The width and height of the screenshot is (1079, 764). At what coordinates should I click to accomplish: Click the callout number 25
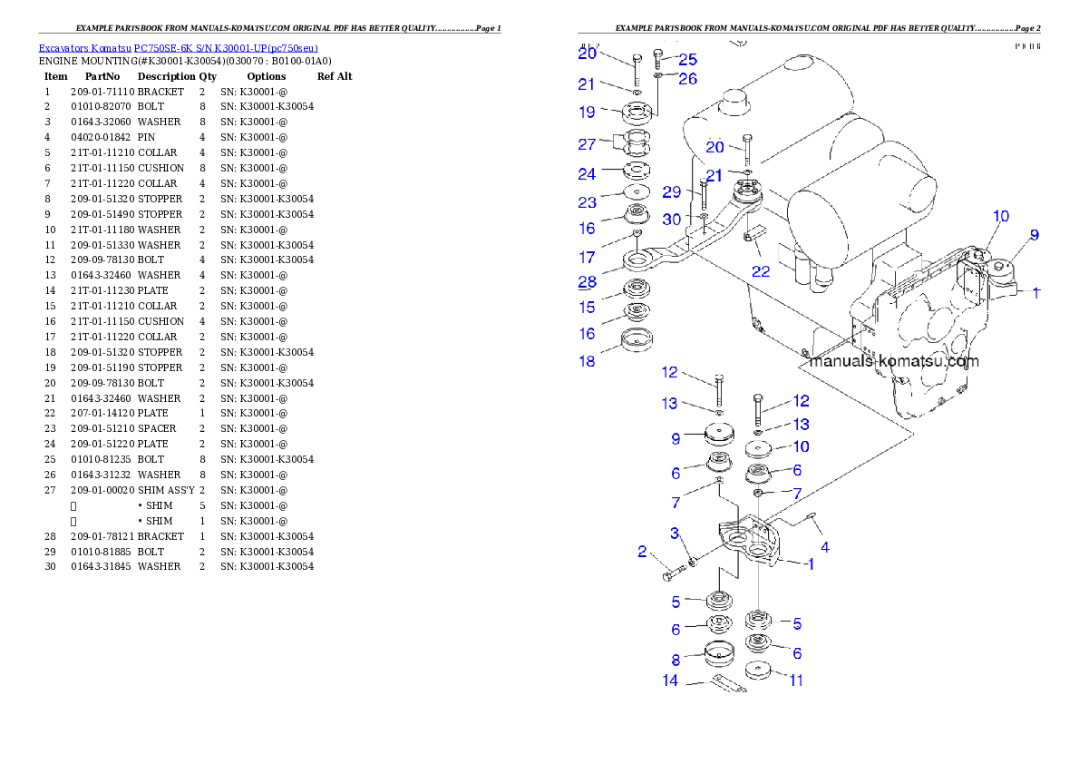(x=687, y=60)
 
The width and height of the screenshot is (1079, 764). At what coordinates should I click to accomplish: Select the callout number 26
(x=687, y=79)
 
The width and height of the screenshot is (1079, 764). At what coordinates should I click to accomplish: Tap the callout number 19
(x=588, y=113)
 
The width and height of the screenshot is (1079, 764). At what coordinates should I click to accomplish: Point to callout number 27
(x=588, y=144)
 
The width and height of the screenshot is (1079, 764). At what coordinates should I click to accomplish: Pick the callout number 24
(x=588, y=174)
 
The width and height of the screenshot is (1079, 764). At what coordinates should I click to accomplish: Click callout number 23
(x=588, y=202)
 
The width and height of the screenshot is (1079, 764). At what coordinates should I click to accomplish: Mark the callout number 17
(x=588, y=257)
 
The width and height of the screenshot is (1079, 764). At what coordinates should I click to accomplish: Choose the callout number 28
(x=588, y=282)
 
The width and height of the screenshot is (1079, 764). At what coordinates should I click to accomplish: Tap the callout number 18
(x=588, y=361)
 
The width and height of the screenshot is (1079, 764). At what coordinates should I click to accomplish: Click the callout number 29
(x=671, y=192)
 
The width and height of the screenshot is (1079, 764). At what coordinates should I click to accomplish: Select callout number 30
(x=671, y=220)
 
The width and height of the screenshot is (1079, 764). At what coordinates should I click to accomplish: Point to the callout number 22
(x=760, y=271)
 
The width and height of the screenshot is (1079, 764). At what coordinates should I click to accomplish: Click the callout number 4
(x=825, y=547)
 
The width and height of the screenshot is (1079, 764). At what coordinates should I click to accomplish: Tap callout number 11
(x=795, y=680)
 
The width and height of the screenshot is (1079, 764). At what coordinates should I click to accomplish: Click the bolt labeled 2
(x=672, y=573)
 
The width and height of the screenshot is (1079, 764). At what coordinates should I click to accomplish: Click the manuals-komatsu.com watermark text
(x=893, y=361)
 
